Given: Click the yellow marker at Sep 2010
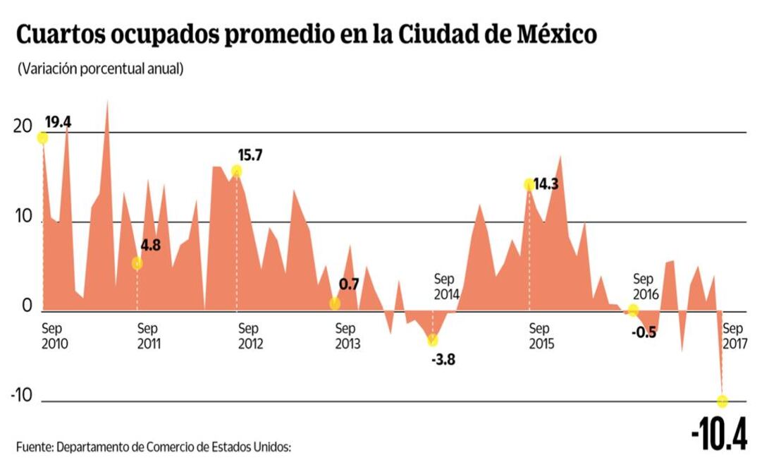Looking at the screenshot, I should (x=42, y=138).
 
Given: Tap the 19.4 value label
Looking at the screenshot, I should (x=58, y=122).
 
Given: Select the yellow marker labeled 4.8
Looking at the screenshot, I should (x=137, y=263).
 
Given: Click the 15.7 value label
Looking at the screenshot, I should (x=250, y=156).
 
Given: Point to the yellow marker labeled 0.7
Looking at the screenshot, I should (x=335, y=303).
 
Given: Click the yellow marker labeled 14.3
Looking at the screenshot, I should (x=529, y=184).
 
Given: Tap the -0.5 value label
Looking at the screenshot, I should (x=644, y=332).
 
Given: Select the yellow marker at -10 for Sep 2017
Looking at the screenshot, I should (x=723, y=401).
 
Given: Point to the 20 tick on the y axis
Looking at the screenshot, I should (x=23, y=127).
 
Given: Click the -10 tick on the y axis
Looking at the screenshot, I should (x=22, y=395).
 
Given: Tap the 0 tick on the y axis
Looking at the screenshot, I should (x=27, y=307).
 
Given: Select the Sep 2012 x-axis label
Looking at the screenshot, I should (x=250, y=337).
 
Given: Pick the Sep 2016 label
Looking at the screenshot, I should (x=646, y=286).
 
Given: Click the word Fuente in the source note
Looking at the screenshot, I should (x=34, y=447).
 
